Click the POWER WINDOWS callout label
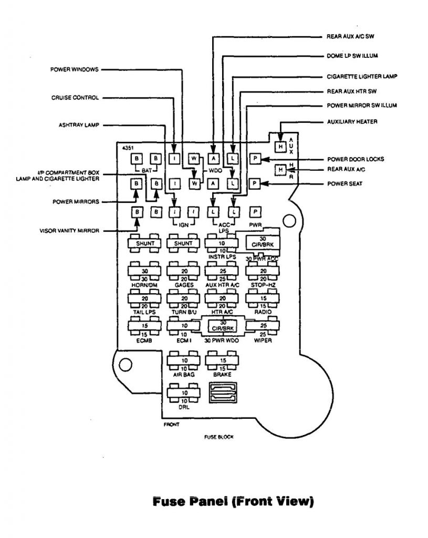[x=74, y=69]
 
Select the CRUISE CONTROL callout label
[x=75, y=97]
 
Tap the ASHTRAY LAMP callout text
[x=78, y=125]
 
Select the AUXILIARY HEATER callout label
[x=352, y=122]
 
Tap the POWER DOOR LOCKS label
[x=356, y=159]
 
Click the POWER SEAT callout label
[x=345, y=184]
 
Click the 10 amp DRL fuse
[x=183, y=393]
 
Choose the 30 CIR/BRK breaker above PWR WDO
[x=223, y=326]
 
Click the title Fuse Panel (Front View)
[x=233, y=502]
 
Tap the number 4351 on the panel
[x=127, y=148]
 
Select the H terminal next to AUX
[x=281, y=146]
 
